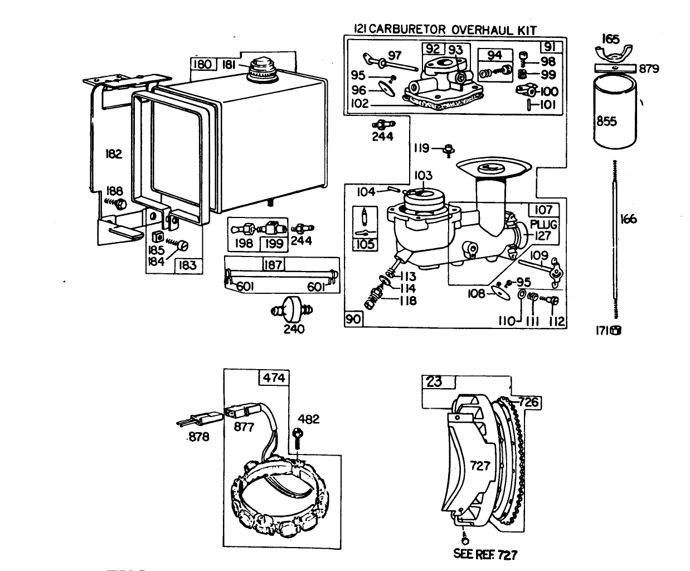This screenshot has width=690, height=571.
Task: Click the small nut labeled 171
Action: click(x=616, y=330)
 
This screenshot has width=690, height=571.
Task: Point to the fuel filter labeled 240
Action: click(x=293, y=308)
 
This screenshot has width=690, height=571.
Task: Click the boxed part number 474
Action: click(x=274, y=378)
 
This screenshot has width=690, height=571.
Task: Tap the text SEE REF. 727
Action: click(x=485, y=554)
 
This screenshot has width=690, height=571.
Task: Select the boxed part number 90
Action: click(x=354, y=319)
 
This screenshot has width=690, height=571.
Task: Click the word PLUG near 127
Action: click(x=543, y=224)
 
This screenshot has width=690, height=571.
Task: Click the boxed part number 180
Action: click(x=202, y=64)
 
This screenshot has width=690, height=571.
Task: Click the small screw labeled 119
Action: click(x=448, y=149)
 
